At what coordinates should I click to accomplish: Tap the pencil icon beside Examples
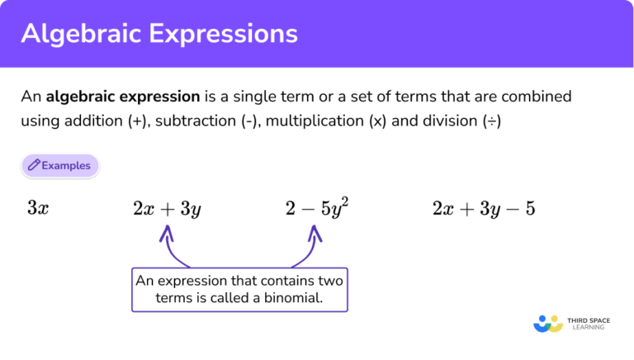(x=34, y=165)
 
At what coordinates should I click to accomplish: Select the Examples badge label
(x=66, y=165)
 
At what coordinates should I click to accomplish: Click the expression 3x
(x=38, y=208)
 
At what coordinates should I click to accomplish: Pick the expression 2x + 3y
(x=167, y=208)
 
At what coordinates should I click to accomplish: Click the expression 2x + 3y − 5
(x=484, y=208)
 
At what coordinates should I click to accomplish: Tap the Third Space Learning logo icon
(x=547, y=322)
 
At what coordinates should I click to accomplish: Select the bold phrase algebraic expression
(x=123, y=97)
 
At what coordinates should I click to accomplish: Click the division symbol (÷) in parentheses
(x=492, y=121)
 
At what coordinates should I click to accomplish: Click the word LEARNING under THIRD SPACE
(x=588, y=327)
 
